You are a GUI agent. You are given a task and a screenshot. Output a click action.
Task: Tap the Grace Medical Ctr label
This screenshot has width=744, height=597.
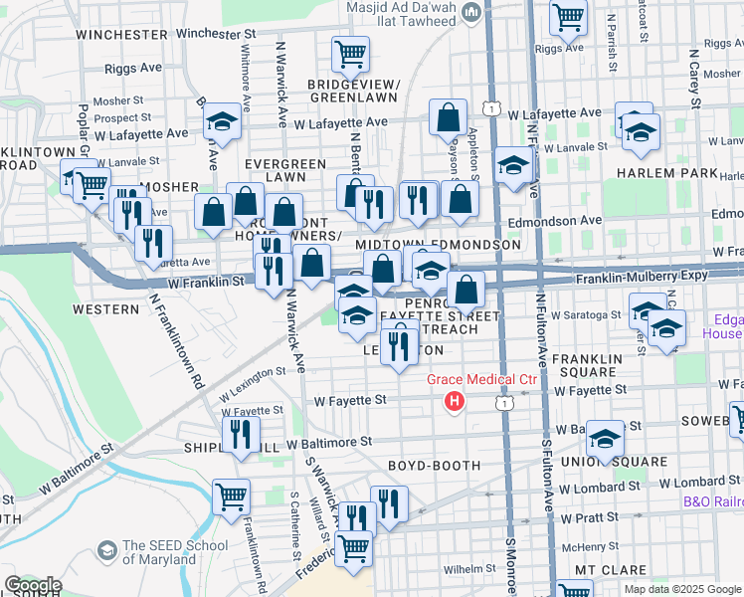[x=482, y=380]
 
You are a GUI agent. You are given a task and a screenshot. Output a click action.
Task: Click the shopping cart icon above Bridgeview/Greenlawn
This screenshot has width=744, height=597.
[x=350, y=54]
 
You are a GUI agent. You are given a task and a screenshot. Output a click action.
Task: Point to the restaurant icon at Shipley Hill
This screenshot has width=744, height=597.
[x=241, y=434]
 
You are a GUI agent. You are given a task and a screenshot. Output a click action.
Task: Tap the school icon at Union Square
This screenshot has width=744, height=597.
[x=605, y=439]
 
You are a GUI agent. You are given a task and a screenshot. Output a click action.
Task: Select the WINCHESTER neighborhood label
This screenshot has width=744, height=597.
[x=122, y=34]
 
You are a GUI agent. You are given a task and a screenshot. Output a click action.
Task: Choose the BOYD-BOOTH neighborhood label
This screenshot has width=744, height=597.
[x=434, y=465]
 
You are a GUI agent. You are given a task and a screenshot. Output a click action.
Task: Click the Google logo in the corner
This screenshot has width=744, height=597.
[x=33, y=585]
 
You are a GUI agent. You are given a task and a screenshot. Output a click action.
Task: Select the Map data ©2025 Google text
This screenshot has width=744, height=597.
[x=681, y=589]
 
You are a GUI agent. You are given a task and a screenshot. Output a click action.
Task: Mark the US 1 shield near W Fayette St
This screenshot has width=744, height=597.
[x=507, y=404]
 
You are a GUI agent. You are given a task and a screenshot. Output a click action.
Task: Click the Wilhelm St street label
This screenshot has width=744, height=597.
[x=468, y=569]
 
